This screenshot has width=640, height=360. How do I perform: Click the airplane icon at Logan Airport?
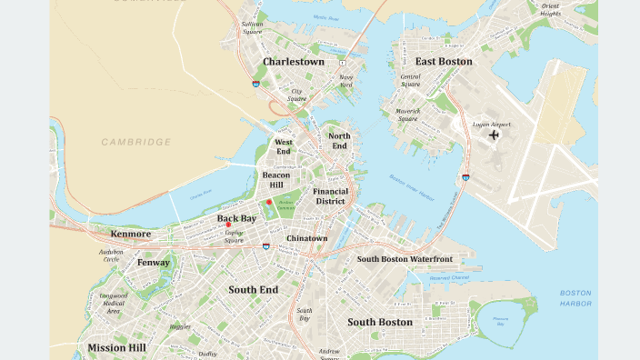coord(494,135)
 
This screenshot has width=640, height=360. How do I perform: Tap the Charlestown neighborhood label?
coord(294,62)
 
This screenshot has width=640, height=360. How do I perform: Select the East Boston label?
coord(444,62)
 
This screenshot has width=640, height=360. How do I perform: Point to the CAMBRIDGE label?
coord(136,142)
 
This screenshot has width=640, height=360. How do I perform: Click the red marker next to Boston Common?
coord(269,202)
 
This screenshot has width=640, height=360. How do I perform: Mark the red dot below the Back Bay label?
coord(241,225)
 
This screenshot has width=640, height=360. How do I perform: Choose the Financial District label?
coord(330,196)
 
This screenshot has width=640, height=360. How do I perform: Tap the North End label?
coord(339,141)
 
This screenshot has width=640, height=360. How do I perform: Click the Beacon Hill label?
coord(276,179)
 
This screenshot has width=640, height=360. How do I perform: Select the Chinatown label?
coord(306,238)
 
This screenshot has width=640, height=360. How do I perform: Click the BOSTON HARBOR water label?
coord(575,298)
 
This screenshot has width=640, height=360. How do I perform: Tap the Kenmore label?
coord(131,234)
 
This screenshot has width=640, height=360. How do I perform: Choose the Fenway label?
coord(154,263)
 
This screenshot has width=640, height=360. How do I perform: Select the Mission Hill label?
coord(116,347)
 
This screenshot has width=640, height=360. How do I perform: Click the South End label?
coord(254,290)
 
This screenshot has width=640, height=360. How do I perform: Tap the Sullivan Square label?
coord(253,27)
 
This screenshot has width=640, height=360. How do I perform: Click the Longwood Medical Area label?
coord(114,303)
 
